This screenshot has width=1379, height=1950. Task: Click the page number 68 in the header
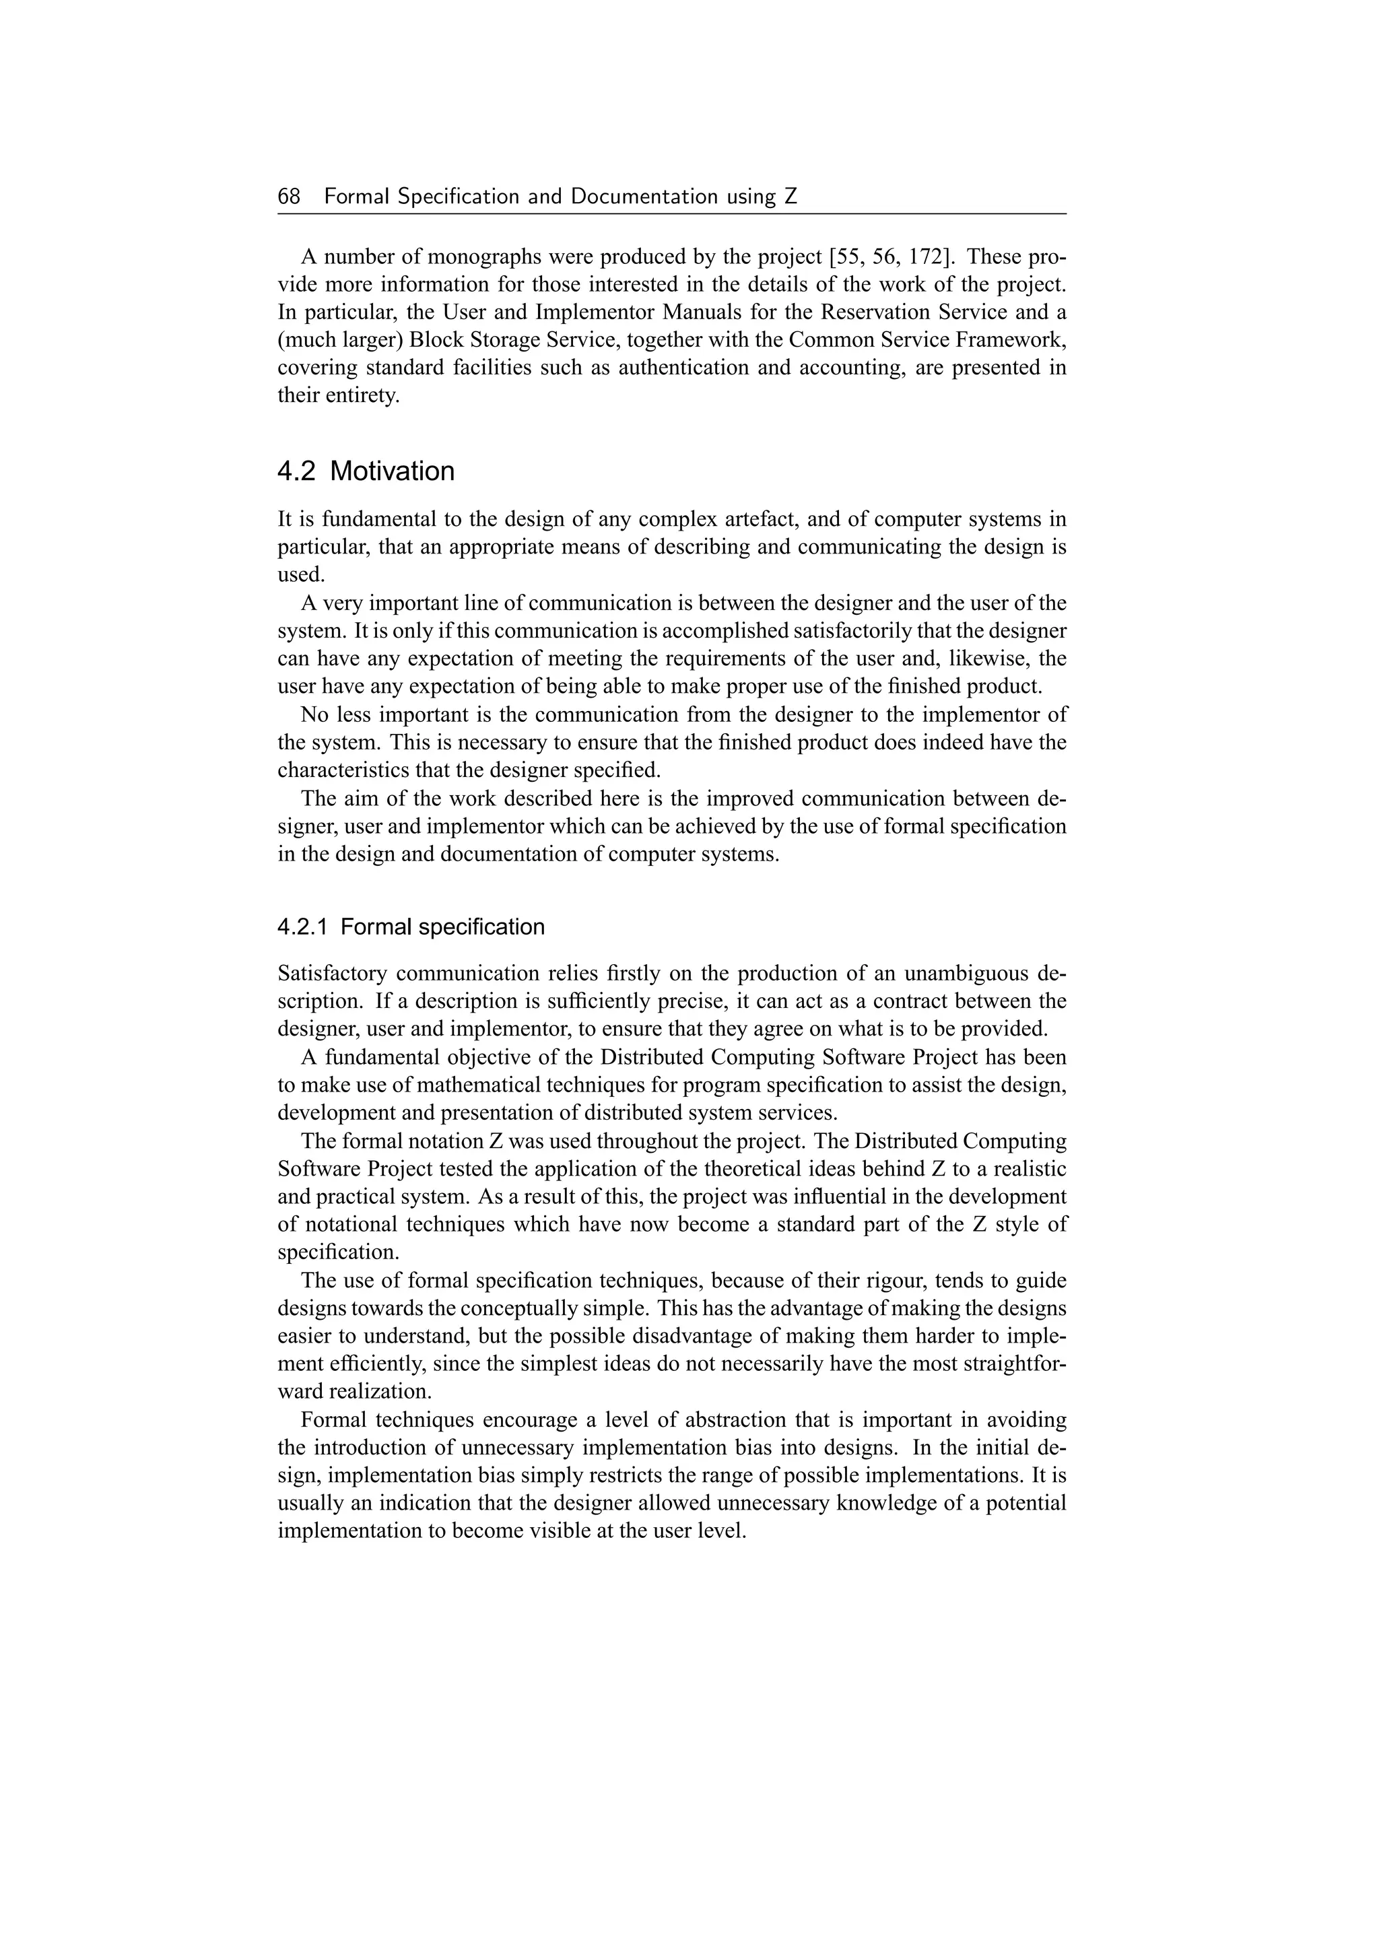coord(289,197)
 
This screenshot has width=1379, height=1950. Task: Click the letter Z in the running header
coord(791,197)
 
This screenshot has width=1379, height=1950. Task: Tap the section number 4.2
coord(296,471)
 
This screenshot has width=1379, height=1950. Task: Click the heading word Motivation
coord(393,471)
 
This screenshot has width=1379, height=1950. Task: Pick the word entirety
coord(362,396)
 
